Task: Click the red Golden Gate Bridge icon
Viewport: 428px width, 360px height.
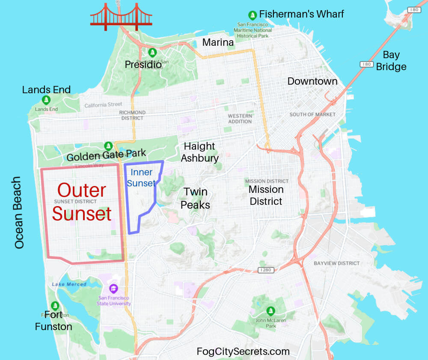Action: point(121,17)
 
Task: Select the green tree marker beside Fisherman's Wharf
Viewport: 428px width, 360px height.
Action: point(253,15)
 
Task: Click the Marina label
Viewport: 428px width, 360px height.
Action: point(218,42)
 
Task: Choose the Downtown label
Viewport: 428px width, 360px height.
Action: point(312,81)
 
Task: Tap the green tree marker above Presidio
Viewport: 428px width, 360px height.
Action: point(152,52)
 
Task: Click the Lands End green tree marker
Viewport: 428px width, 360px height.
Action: point(46,100)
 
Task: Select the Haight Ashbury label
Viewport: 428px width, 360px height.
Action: point(199,152)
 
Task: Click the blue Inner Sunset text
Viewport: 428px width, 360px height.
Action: point(142,178)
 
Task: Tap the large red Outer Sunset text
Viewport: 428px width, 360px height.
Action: point(82,202)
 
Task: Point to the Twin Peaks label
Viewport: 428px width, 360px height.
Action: point(195,198)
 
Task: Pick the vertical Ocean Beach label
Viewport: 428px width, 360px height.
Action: point(19,212)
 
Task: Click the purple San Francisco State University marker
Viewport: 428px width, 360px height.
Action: point(113,288)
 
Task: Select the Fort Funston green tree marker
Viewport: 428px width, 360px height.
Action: point(55,306)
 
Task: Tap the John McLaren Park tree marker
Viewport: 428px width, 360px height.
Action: point(270,310)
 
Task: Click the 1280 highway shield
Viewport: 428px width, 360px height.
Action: point(265,270)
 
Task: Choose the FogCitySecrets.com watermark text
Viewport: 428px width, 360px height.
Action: point(243,351)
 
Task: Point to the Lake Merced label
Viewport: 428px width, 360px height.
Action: point(69,284)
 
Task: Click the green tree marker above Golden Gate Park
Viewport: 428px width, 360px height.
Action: point(108,146)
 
